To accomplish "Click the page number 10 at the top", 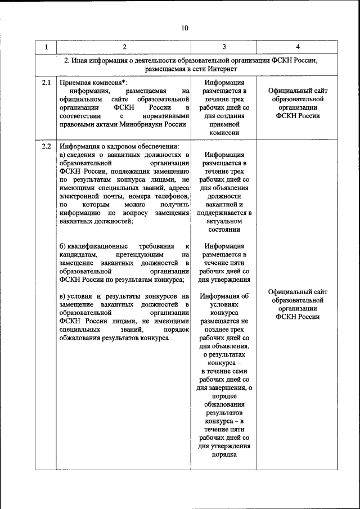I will (186, 28).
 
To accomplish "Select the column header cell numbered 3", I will (224, 47).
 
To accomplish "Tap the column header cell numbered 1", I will (46, 47).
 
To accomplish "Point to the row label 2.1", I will (46, 83).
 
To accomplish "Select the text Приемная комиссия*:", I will (93, 83).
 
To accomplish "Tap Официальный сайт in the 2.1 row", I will (298, 91).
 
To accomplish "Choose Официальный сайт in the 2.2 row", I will (298, 292).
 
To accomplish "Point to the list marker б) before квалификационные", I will (62, 246).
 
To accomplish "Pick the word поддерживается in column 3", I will (224, 213).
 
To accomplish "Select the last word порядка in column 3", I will (224, 454).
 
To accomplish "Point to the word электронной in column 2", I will (79, 196).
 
